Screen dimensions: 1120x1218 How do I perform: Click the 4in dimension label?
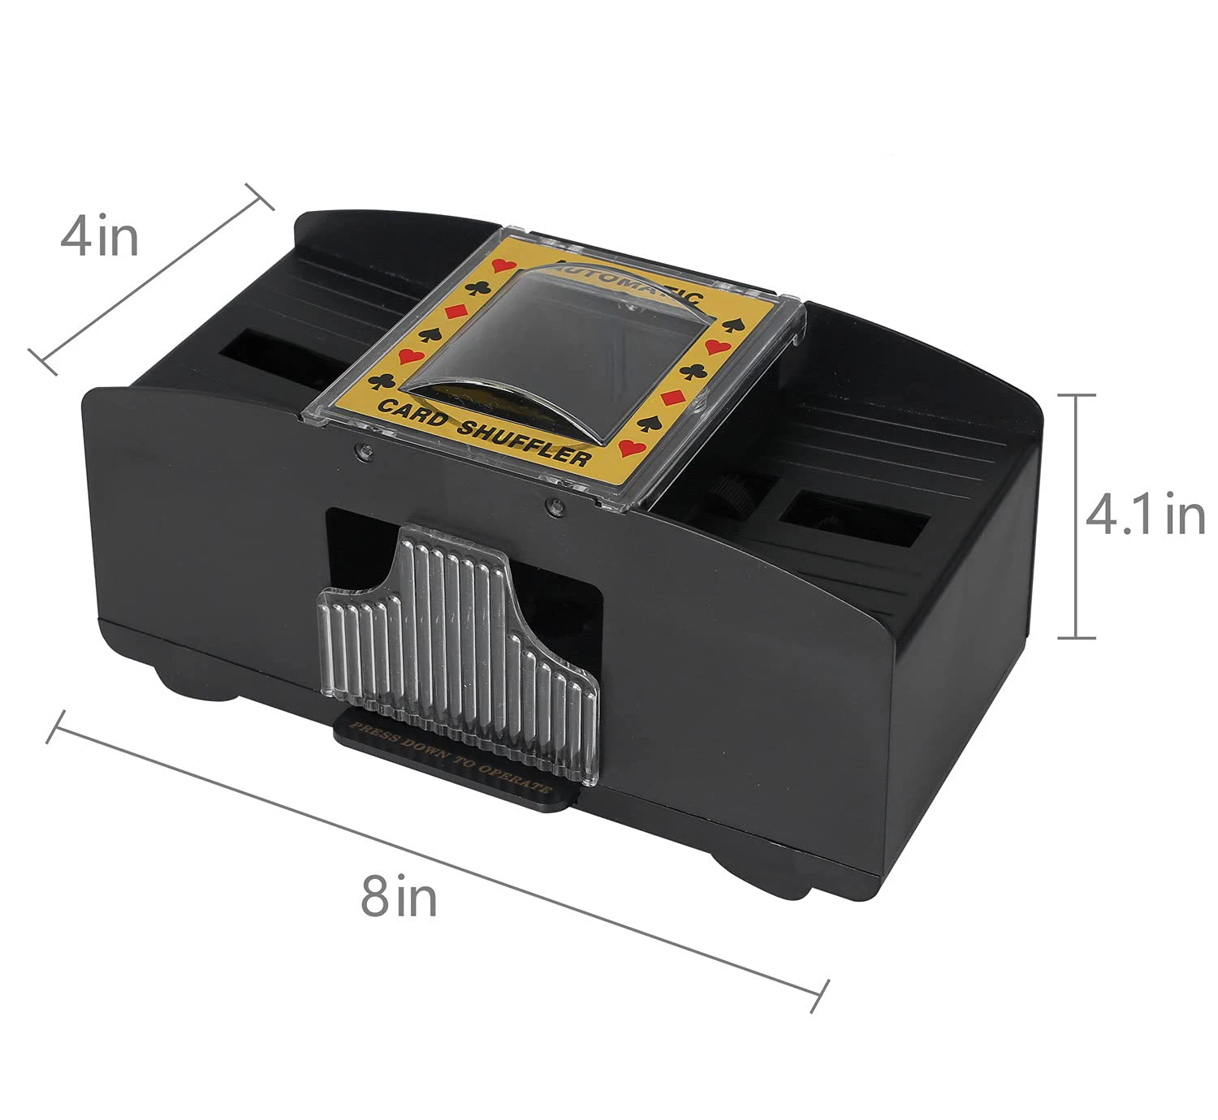[x=99, y=236]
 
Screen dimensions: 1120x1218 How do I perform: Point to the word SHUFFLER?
[x=523, y=442]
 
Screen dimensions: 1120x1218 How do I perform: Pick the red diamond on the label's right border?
[x=671, y=398]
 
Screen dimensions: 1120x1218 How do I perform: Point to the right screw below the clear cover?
[x=555, y=507]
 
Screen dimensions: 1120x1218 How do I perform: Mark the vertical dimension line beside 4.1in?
[x=1077, y=515]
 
